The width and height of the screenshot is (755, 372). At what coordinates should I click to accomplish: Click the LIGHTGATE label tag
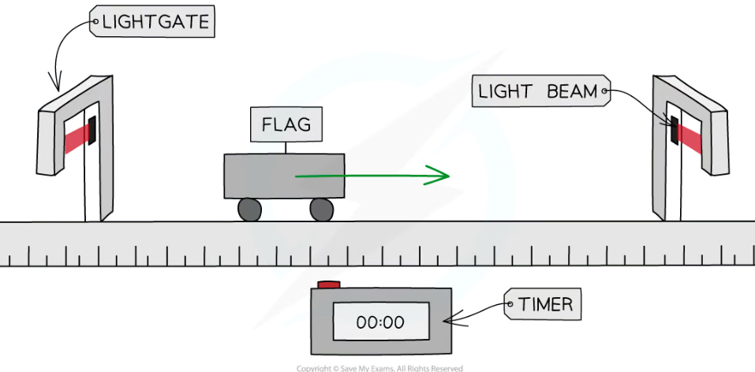pos(153,23)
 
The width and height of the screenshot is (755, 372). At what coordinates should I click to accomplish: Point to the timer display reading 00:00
pos(380,322)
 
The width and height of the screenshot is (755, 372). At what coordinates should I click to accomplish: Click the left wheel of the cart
pos(249,209)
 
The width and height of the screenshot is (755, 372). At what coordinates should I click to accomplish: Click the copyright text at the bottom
pos(379,368)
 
